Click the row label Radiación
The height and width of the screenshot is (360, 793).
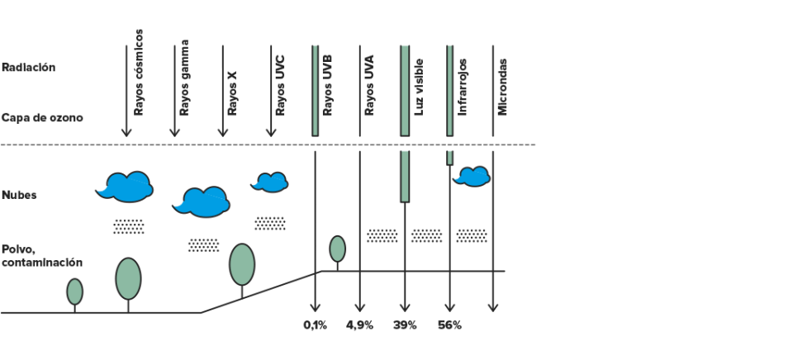(x=28, y=67)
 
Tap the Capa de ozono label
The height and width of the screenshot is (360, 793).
(x=42, y=118)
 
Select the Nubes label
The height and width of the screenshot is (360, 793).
(x=19, y=195)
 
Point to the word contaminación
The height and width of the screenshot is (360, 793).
(x=42, y=263)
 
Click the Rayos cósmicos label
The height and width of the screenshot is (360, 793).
(x=139, y=73)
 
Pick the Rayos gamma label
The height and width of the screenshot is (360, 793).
(x=184, y=78)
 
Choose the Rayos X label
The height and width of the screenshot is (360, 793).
(x=232, y=93)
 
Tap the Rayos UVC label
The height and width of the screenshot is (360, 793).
(x=280, y=85)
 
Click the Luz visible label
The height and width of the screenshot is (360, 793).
(x=419, y=87)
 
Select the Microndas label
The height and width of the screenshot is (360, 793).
(x=502, y=87)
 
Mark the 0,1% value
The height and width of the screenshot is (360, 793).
(x=315, y=325)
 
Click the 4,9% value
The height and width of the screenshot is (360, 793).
(x=359, y=325)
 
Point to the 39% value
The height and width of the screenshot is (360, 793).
(x=405, y=325)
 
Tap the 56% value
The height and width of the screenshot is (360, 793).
(x=449, y=325)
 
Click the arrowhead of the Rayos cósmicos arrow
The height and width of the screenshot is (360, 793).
(x=126, y=132)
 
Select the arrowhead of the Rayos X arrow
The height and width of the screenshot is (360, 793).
(x=222, y=132)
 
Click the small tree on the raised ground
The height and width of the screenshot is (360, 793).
(x=337, y=249)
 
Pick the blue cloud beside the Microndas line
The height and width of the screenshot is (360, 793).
(x=472, y=177)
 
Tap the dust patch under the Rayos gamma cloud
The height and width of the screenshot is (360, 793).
(x=204, y=245)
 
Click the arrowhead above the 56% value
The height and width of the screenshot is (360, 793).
(x=449, y=307)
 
